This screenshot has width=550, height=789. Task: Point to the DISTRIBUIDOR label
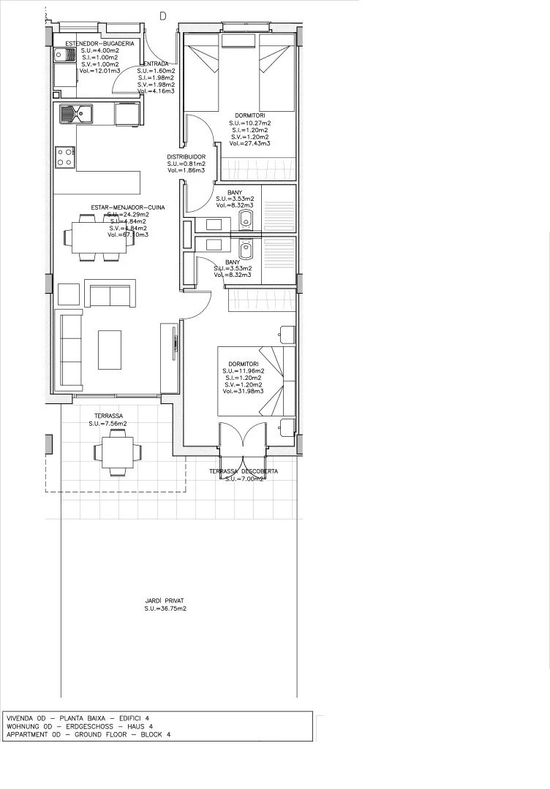coord(186,156)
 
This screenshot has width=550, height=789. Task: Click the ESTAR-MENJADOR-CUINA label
coord(128,207)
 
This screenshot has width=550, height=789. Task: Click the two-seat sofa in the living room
coord(110,294)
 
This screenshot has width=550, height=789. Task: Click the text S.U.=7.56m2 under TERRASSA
coord(108,424)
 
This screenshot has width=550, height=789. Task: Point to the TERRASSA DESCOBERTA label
coord(243,471)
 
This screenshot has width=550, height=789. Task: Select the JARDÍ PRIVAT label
coord(165,600)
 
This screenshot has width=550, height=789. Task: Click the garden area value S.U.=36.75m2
coord(165,608)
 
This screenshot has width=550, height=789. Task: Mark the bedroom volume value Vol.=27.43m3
coord(249,144)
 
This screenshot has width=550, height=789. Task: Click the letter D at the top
coord(162,15)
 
